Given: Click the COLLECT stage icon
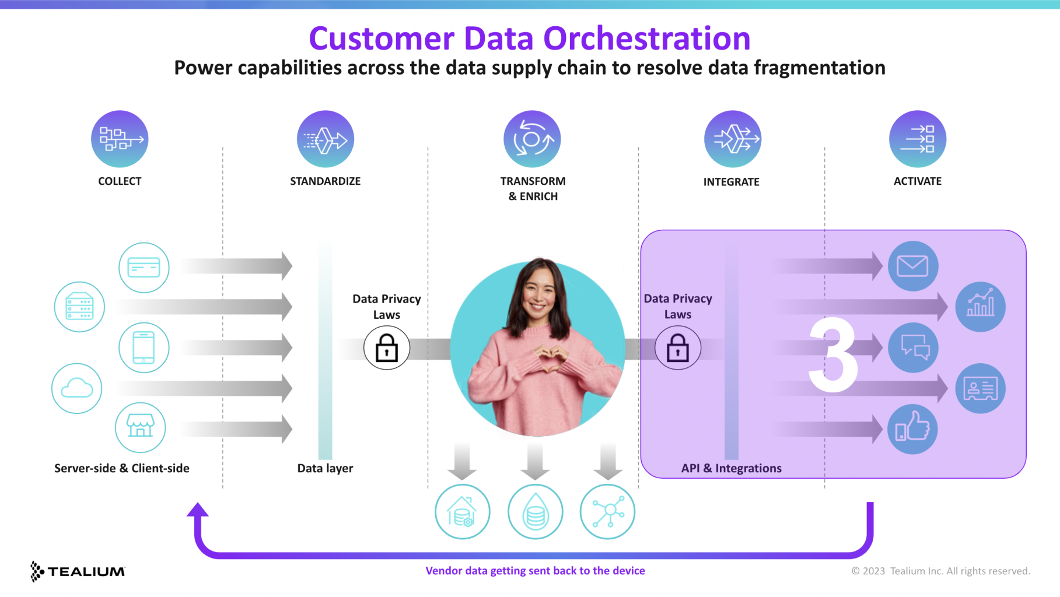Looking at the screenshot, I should coord(120,139).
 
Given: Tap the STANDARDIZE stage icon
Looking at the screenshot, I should coord(325,139).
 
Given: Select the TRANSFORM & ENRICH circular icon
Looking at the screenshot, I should coord(532,139).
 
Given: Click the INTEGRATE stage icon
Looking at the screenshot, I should coord(732,139).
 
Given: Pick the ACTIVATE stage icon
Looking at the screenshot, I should coord(917,139).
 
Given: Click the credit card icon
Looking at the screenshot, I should coord(144,268).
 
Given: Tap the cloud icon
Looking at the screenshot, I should coord(77,388).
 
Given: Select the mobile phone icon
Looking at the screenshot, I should coord(144,347).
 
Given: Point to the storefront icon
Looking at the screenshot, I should coord(140,427).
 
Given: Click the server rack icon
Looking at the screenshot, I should coord(79,307).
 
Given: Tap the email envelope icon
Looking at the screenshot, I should coord(912,266).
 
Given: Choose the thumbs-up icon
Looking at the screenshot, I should coord(912,429).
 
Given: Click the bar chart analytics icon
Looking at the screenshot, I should coord(980,307).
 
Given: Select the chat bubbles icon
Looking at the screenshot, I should coord(913,347).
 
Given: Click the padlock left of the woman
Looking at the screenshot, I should coord(386,348).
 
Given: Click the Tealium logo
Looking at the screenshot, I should coord(78,571).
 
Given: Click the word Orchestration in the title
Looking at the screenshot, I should coord(646,38).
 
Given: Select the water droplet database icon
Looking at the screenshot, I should coord(535,512).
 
